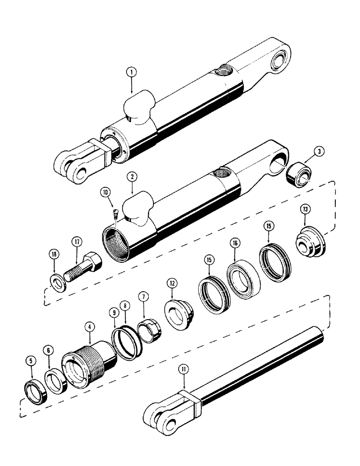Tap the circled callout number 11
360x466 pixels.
pos(185,371)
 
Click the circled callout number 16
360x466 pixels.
pos(234,243)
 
